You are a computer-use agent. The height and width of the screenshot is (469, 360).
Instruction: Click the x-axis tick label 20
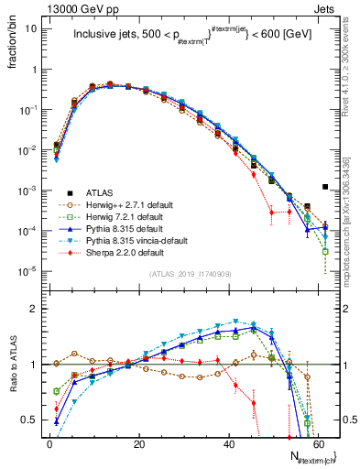click(x=138, y=443)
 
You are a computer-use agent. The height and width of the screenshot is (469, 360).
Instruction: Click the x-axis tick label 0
click(x=49, y=443)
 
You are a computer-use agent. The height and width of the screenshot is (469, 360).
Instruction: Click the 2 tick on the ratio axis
click(x=38, y=309)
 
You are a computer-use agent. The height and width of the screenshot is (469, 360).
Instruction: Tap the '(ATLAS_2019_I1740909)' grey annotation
click(x=189, y=274)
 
